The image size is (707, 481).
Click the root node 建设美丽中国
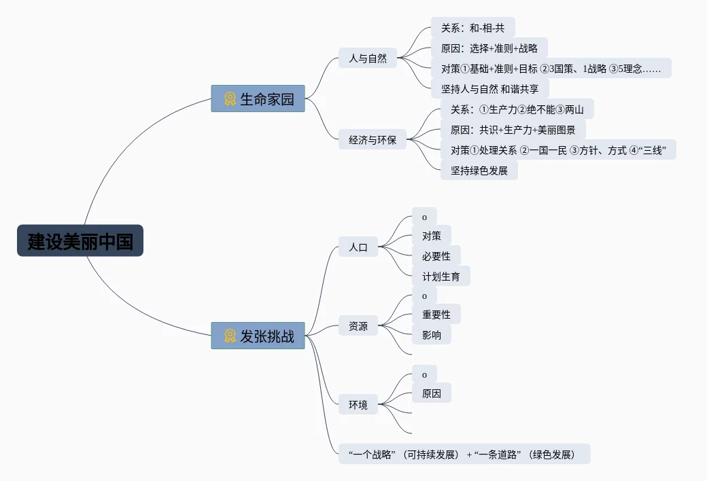(80, 240)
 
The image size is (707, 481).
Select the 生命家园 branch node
(258, 99)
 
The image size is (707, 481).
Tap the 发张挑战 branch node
(258, 336)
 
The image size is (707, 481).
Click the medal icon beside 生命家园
(230, 99)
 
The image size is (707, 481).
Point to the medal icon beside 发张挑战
(230, 336)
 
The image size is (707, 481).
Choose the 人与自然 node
(368, 58)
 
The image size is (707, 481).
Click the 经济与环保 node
(373, 141)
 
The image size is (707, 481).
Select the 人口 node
(358, 247)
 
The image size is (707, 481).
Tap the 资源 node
(358, 326)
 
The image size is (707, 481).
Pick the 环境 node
(358, 405)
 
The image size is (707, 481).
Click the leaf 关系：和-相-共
(473, 28)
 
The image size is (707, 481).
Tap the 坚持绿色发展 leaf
(479, 171)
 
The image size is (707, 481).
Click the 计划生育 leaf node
(441, 277)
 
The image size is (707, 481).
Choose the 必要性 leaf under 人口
(436, 256)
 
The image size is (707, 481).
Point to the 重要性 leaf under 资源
(436, 315)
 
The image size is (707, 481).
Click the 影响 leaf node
(432, 335)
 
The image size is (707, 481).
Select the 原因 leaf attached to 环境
(432, 393)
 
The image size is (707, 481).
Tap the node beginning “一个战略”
(464, 455)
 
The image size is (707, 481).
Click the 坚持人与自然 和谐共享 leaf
(489, 88)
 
